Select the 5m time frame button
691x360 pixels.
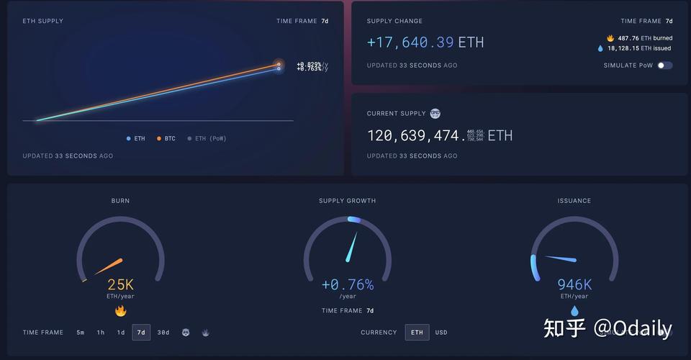coord(80,333)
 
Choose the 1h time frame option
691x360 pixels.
coord(101,333)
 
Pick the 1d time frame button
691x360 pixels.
coord(121,333)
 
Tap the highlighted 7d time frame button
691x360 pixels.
coord(141,333)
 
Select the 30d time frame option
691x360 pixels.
coord(163,333)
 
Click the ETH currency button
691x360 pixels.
coord(417,333)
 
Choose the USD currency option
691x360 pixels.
coord(441,333)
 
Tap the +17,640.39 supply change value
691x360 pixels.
coord(410,42)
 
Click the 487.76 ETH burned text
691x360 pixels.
coord(643,38)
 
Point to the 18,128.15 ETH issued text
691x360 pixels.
coord(638,48)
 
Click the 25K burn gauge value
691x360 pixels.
coord(120,285)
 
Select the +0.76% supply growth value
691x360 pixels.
coord(348,285)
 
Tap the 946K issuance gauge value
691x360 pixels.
coord(574,285)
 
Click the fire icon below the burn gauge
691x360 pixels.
coord(120,311)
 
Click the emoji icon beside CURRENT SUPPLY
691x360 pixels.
coord(435,113)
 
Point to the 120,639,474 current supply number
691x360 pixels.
coord(415,135)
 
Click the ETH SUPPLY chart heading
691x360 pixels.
coord(42,21)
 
